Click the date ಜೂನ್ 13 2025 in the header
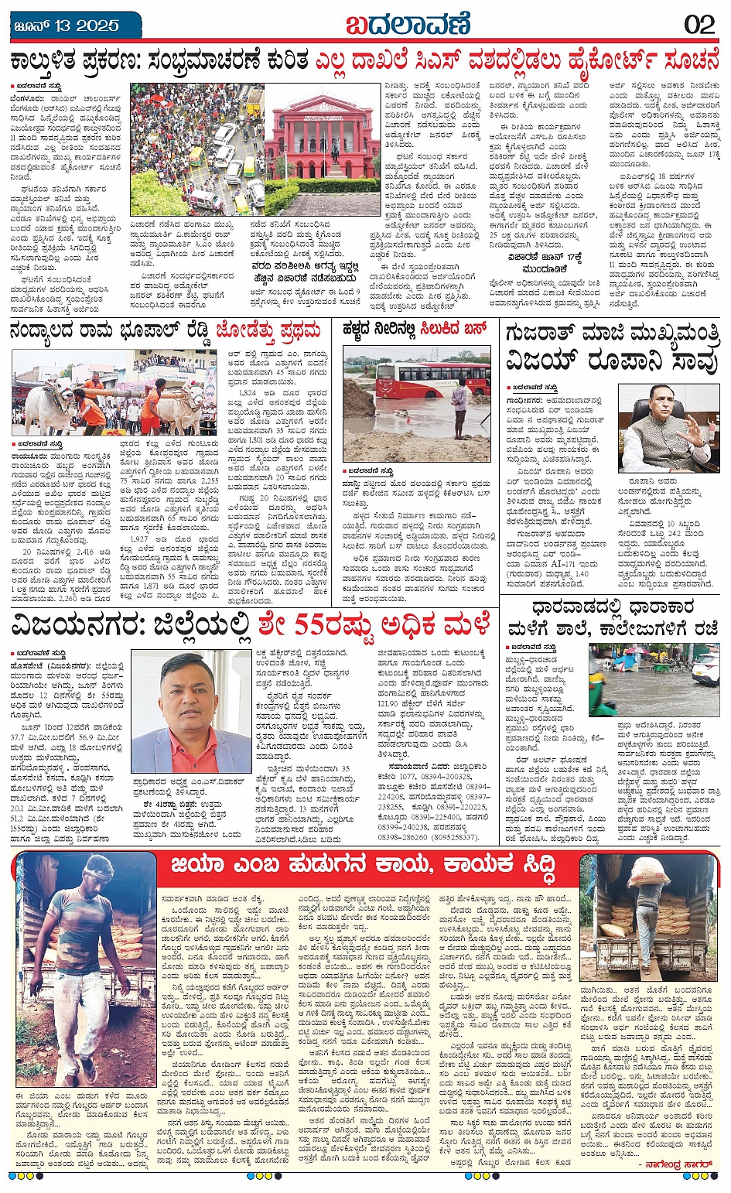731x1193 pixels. tap(67, 26)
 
